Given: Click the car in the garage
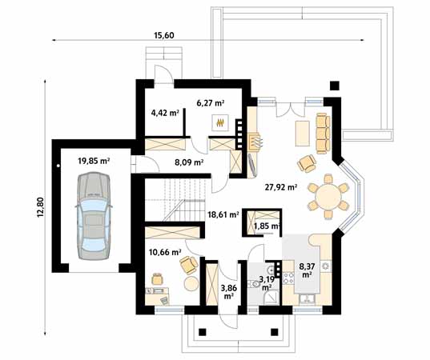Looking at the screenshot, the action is pyautogui.click(x=94, y=216).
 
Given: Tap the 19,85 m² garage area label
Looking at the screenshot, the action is pyautogui.click(x=94, y=161).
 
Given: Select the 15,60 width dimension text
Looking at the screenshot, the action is pyautogui.click(x=164, y=35).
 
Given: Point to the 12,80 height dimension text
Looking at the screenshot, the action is pyautogui.click(x=40, y=207).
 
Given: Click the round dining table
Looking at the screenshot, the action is pyautogui.click(x=328, y=197).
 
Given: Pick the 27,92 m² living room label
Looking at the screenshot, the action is pyautogui.click(x=281, y=187).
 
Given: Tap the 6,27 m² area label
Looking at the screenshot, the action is pyautogui.click(x=211, y=103).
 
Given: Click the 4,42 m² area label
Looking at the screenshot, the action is pyautogui.click(x=165, y=112).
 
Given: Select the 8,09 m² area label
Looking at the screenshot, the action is pyautogui.click(x=189, y=162).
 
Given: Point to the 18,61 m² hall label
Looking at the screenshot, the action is pyautogui.click(x=223, y=214).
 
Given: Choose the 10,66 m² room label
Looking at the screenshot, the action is pyautogui.click(x=165, y=251).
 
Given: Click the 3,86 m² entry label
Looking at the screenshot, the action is pyautogui.click(x=228, y=292).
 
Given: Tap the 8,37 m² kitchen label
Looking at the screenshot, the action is pyautogui.click(x=307, y=270).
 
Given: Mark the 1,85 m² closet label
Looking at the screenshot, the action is pyautogui.click(x=267, y=226).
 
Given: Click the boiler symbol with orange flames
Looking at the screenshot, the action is pyautogui.click(x=220, y=123).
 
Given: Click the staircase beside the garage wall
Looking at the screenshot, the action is pyautogui.click(x=175, y=200).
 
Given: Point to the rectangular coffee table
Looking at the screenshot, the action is pyautogui.click(x=303, y=134).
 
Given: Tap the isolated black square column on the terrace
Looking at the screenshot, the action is pyautogui.click(x=335, y=86).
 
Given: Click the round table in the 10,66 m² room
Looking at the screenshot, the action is pyautogui.click(x=191, y=283).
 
